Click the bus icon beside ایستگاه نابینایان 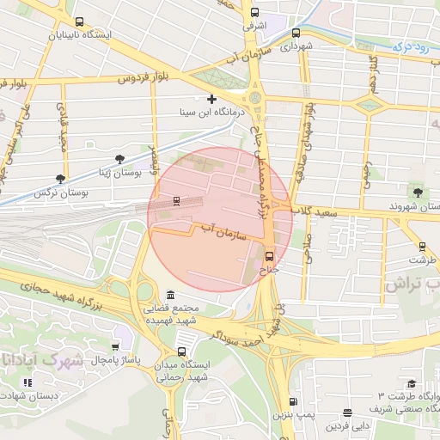pos(79,22)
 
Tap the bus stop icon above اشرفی pos(254,12)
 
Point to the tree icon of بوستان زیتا pos(119,158)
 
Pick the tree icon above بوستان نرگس pos(59,179)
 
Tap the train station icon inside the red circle pos(176,201)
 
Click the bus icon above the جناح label pos(269,255)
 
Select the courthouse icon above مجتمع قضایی pos(170,294)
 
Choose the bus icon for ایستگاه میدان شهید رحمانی pos(181,351)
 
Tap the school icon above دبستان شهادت pos(27,382)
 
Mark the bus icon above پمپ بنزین pos(294,401)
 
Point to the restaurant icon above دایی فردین pos(347,412)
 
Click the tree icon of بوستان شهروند pos(418,192)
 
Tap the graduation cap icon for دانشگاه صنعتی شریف pos(411,384)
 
